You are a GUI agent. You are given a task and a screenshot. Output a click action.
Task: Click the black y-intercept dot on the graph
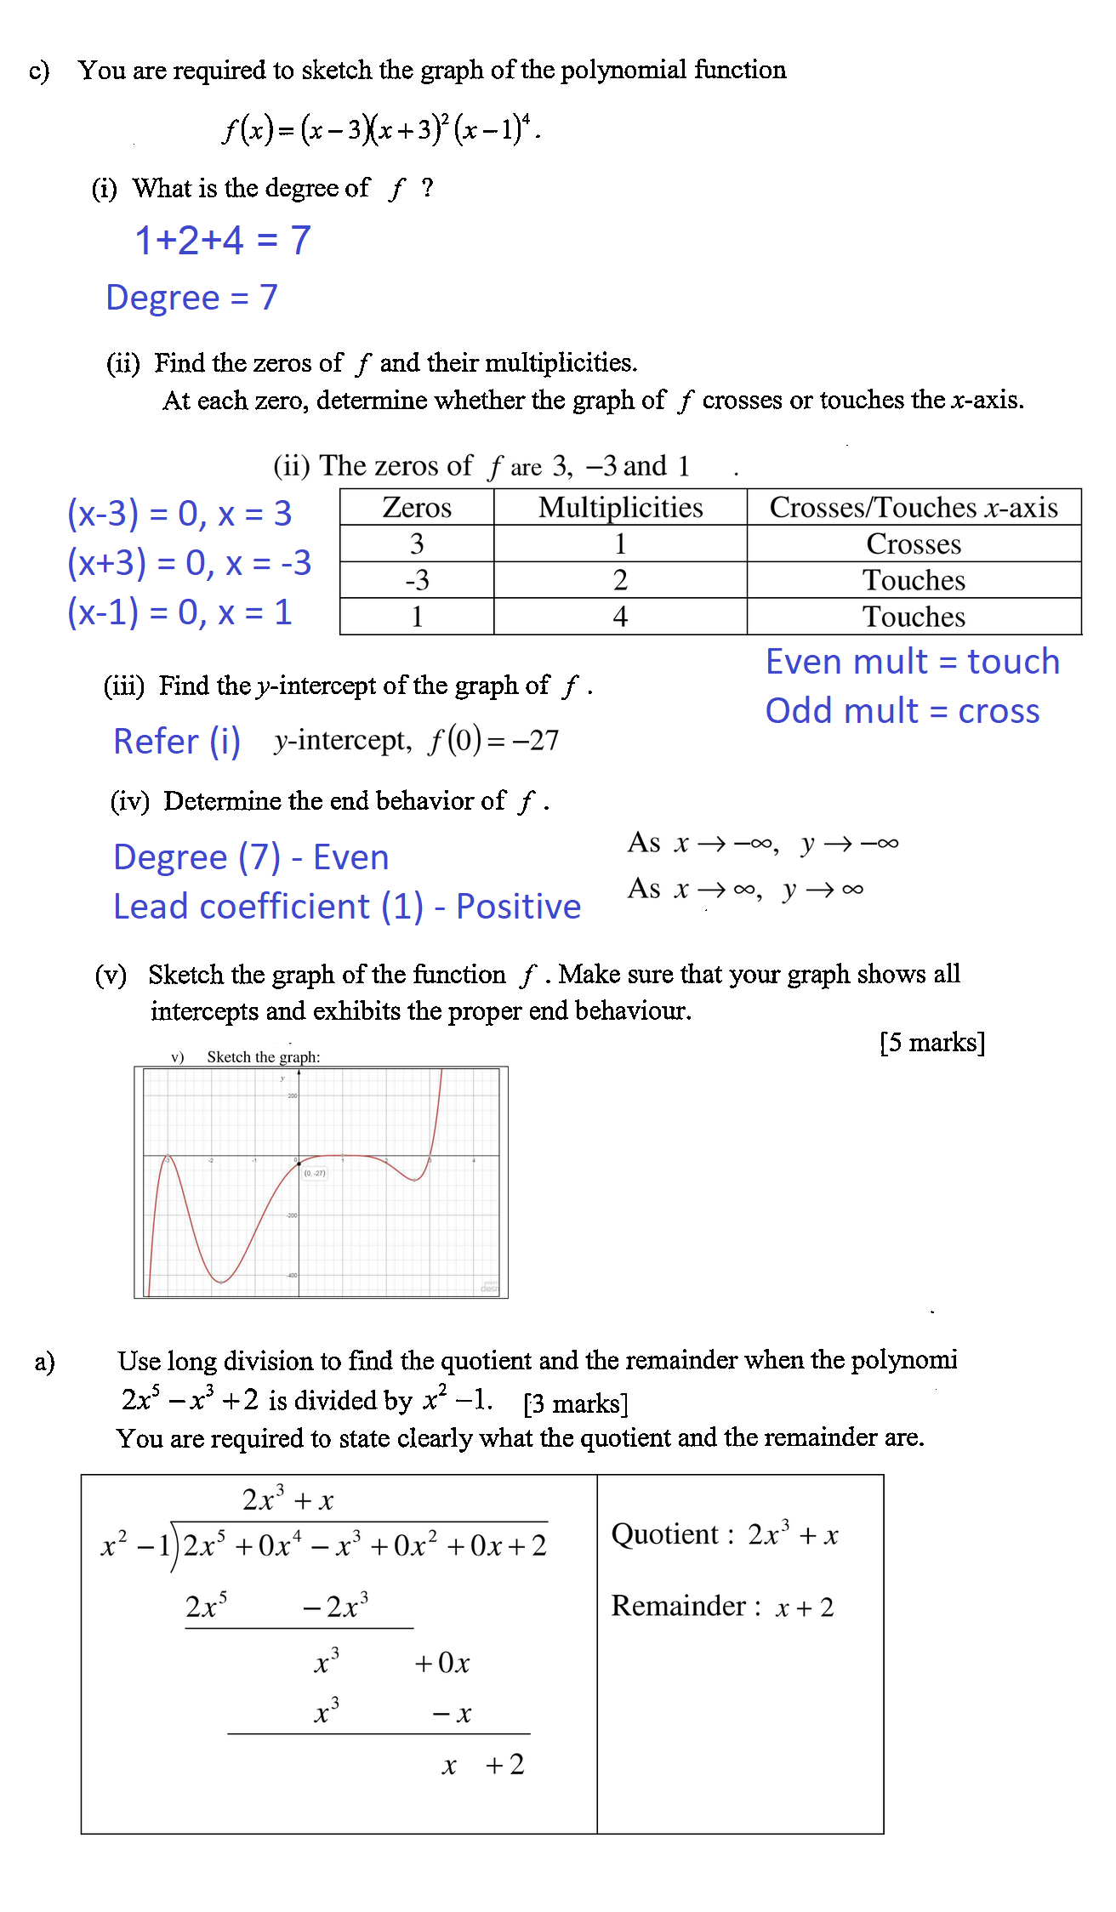click(299, 1163)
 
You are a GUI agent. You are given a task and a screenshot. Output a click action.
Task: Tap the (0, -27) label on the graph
click(315, 1173)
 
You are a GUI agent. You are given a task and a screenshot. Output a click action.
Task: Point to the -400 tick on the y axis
click(291, 1275)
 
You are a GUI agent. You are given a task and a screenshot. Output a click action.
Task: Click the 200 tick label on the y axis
click(292, 1095)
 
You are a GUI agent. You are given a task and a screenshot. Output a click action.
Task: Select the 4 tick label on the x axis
click(474, 1160)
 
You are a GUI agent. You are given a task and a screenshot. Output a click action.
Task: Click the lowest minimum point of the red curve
click(221, 1281)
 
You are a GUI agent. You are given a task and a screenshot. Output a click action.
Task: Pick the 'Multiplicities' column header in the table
click(620, 507)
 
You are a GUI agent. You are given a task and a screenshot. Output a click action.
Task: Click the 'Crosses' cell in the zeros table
click(914, 543)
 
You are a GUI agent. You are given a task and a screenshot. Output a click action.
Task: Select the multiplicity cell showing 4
click(620, 617)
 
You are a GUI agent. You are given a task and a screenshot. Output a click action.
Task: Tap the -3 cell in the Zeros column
click(417, 580)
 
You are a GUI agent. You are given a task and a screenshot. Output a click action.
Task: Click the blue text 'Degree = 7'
click(191, 298)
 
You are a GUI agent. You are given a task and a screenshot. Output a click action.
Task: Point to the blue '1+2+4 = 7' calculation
click(223, 241)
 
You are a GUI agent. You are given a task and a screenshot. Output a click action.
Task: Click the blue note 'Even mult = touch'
click(912, 662)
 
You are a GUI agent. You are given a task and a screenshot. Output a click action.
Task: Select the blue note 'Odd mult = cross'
click(902, 711)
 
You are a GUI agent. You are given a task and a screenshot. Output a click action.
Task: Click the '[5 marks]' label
click(932, 1043)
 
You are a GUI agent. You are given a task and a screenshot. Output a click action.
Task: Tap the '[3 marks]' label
click(576, 1403)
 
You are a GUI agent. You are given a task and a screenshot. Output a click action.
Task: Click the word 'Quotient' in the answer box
click(664, 1534)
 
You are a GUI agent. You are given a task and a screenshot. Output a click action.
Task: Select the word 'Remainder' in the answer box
click(679, 1606)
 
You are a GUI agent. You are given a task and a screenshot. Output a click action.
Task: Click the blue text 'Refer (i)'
click(177, 742)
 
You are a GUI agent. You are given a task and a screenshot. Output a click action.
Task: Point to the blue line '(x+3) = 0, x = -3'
click(189, 563)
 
